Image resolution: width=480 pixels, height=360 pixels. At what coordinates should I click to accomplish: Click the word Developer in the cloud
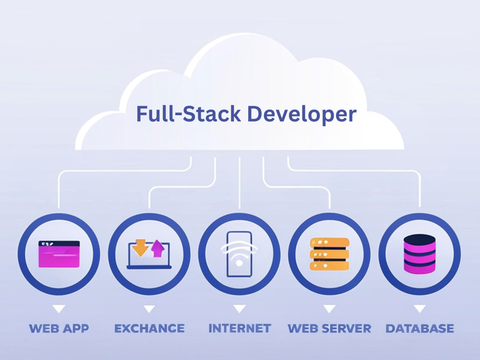[301, 114]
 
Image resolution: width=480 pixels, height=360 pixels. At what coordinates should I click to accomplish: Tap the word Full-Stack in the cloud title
[189, 114]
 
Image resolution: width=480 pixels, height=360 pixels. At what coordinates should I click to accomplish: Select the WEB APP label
[59, 328]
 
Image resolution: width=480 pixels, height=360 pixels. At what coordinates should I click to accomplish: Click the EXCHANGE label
[149, 328]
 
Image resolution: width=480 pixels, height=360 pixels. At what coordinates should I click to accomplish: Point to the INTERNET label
[240, 328]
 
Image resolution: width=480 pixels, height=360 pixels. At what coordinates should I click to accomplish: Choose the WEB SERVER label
[329, 328]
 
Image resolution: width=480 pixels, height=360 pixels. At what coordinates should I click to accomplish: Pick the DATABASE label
[420, 328]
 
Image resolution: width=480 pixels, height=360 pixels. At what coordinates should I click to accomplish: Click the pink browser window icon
[59, 254]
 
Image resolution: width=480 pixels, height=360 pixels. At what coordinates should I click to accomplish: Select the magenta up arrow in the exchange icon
[157, 248]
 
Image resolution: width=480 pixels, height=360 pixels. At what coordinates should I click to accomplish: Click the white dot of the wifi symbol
[240, 263]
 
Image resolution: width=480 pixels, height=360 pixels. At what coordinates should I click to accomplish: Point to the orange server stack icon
[329, 254]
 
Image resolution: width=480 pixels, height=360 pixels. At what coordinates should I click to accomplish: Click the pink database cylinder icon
[420, 254]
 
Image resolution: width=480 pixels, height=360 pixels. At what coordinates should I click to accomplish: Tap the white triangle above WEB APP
[59, 309]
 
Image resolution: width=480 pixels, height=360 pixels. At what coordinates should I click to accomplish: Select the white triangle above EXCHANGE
[149, 309]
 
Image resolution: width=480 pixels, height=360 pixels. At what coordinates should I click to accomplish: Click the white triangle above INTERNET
[240, 309]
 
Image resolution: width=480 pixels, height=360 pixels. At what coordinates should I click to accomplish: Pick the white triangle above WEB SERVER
[329, 309]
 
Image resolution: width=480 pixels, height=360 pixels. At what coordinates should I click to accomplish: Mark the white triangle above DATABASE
[420, 309]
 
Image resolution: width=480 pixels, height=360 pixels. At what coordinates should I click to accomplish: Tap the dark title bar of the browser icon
[59, 244]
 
